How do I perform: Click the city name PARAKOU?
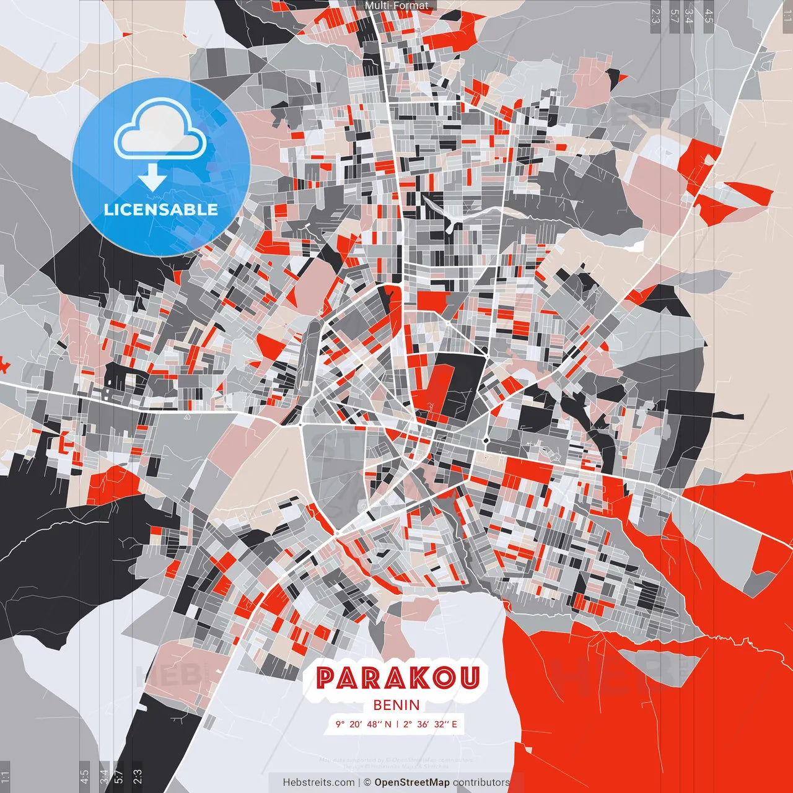click(x=398, y=678)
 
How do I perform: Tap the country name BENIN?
click(x=396, y=705)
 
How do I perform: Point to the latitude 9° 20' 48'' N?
click(x=364, y=724)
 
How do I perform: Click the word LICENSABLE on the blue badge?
click(x=161, y=209)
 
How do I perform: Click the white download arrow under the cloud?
click(x=152, y=178)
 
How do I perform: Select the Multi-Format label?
click(x=396, y=6)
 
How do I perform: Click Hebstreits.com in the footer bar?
click(x=318, y=782)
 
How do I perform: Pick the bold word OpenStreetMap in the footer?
click(x=412, y=782)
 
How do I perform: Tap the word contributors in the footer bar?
click(x=481, y=782)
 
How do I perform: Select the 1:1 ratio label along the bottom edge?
click(x=5, y=777)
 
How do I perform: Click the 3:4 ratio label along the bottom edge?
click(x=104, y=777)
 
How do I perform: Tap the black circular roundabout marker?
click(x=486, y=441)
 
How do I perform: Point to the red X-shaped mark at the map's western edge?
click(x=4, y=365)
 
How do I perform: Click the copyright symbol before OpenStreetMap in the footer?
click(x=367, y=782)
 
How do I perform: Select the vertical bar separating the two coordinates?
click(x=397, y=724)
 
